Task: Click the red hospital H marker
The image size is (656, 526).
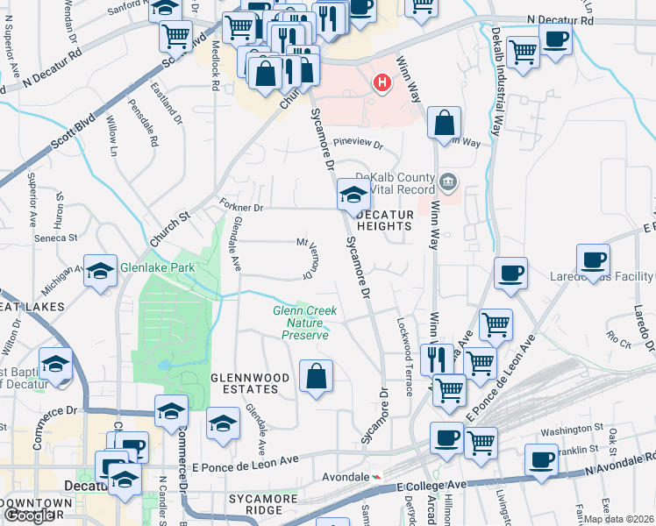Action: [381, 84]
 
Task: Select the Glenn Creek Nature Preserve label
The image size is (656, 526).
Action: [300, 322]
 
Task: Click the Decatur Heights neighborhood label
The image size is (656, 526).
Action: [383, 219]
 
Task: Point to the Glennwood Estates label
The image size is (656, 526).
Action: [250, 383]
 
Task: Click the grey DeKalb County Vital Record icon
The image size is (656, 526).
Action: [448, 183]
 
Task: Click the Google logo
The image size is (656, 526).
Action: [29, 515]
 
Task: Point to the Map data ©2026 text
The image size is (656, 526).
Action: [618, 519]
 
